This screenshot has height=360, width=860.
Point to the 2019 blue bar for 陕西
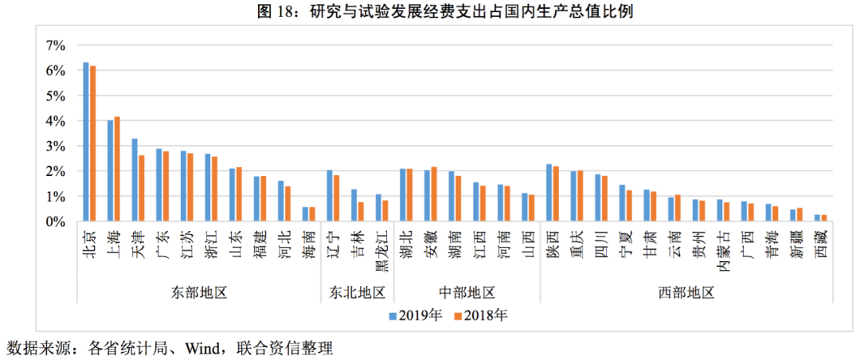tap(548, 193)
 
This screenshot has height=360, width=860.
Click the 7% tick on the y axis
tap(54, 46)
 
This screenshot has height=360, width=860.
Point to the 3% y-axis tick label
tap(54, 147)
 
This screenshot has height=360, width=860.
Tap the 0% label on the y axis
tap(54, 222)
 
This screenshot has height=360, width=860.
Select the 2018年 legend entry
tap(481, 315)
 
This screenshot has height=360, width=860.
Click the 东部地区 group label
tap(198, 292)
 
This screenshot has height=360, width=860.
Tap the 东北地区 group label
tap(357, 292)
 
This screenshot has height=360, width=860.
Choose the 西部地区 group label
tap(686, 292)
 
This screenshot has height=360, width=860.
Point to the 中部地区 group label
tap(467, 292)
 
